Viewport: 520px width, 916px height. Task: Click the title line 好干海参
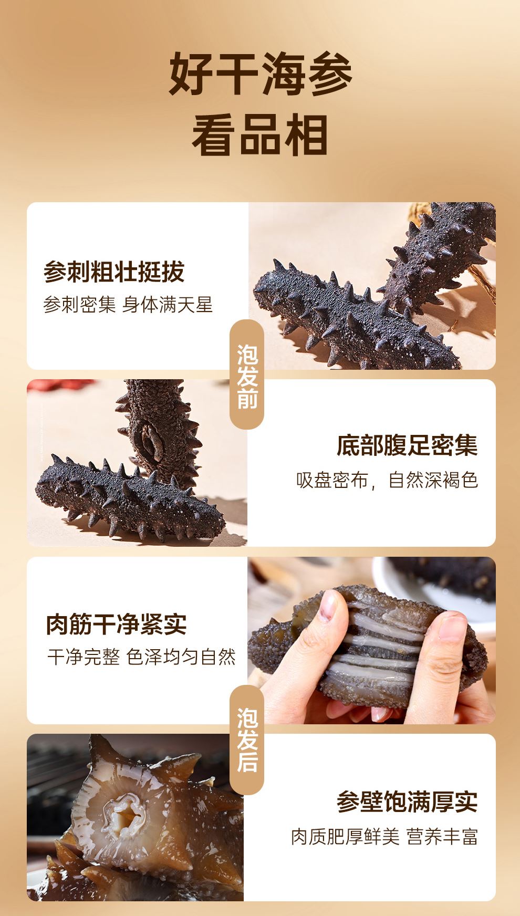pyautogui.click(x=260, y=74)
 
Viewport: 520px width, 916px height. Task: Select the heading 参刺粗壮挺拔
pyautogui.click(x=114, y=272)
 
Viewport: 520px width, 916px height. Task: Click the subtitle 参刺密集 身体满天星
pyautogui.click(x=128, y=305)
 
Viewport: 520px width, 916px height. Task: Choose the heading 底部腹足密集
pyautogui.click(x=407, y=445)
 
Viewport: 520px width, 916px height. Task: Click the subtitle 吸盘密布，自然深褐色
pyautogui.click(x=387, y=480)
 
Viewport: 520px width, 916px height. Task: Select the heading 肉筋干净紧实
pyautogui.click(x=117, y=624)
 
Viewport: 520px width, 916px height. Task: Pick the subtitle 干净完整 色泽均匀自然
pyautogui.click(x=141, y=657)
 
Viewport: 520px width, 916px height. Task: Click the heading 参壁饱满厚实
pyautogui.click(x=407, y=801)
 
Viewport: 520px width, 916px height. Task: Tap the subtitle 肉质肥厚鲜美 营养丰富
pyautogui.click(x=384, y=837)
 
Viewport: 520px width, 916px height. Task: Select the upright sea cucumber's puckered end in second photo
pyautogui.click(x=150, y=444)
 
